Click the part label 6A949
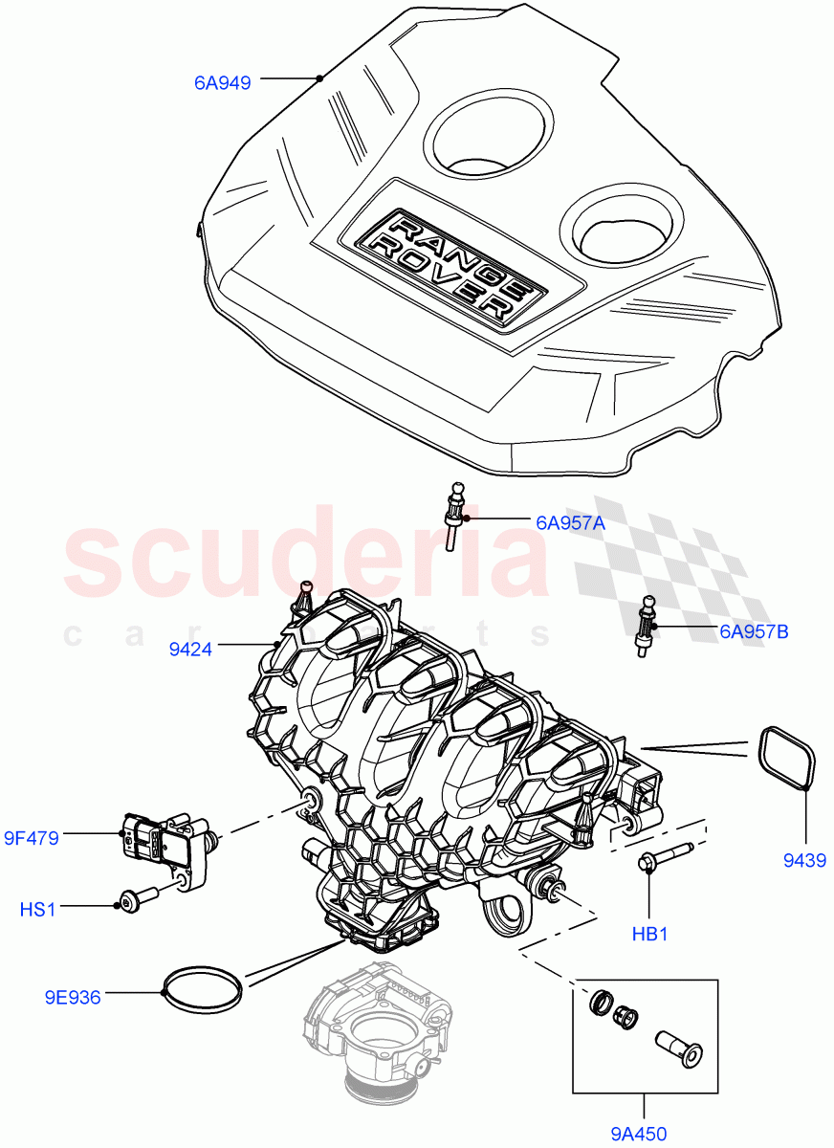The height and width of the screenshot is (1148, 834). (222, 83)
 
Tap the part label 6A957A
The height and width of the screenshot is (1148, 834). (570, 522)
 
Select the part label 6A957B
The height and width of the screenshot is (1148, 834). (754, 631)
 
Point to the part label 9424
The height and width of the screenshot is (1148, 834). (190, 651)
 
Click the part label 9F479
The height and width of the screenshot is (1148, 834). (31, 839)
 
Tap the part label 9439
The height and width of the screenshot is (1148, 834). (804, 861)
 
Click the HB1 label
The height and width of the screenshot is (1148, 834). (649, 933)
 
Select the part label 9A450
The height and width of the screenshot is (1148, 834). (638, 1135)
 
